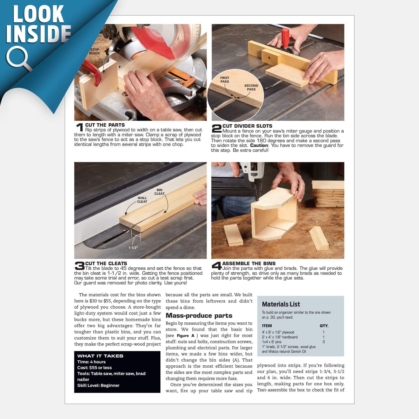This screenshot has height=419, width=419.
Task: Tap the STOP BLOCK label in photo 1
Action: pos(94,51)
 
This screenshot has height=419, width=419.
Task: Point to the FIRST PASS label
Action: pos(225,79)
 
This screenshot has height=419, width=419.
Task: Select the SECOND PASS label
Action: pos(251,87)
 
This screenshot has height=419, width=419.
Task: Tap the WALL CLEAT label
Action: pos(142,199)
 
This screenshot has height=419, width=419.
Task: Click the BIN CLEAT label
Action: pos(159,192)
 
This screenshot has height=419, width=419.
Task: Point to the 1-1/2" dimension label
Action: pos(133,248)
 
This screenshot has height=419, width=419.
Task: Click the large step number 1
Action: pos(79,127)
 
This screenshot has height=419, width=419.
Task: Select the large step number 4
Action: pos(217,266)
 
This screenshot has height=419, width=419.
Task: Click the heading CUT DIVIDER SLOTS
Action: pos(247,126)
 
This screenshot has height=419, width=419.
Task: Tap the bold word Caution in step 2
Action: pos(259,145)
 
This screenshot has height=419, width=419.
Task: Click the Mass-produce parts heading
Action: pos(199,315)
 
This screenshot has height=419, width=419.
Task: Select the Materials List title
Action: pos(281,304)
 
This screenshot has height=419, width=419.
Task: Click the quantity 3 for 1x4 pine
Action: pos(324,342)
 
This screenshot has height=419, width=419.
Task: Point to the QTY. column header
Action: pos(324,326)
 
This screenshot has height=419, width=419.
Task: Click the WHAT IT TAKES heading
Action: pos(100,356)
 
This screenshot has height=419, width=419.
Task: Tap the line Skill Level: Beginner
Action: pos(98,385)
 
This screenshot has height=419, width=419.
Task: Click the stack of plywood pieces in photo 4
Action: pos(328,194)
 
